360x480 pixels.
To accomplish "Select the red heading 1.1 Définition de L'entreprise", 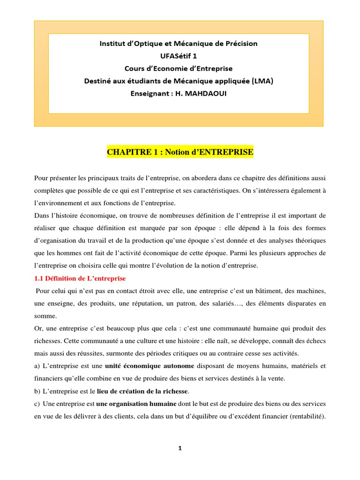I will coord(80,278).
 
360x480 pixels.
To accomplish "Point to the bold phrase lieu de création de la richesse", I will coord(142,391).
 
